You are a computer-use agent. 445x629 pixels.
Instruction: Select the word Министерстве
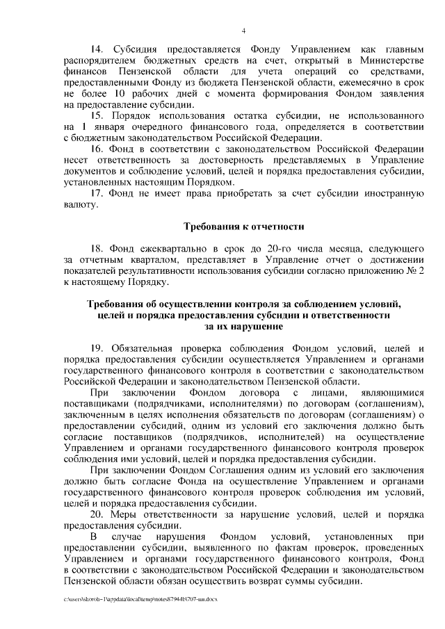[x=391, y=60]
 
